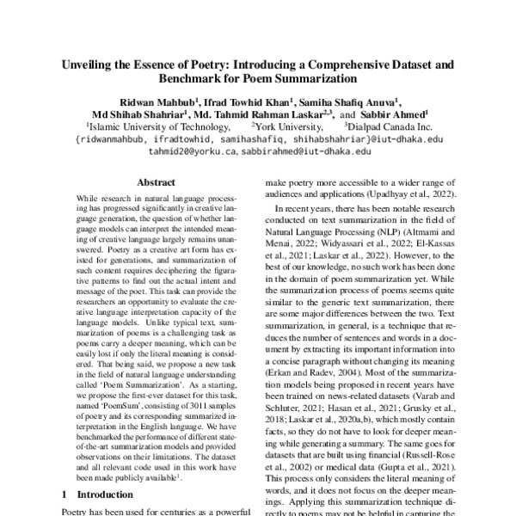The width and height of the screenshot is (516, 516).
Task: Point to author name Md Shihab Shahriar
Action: coord(139,114)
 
